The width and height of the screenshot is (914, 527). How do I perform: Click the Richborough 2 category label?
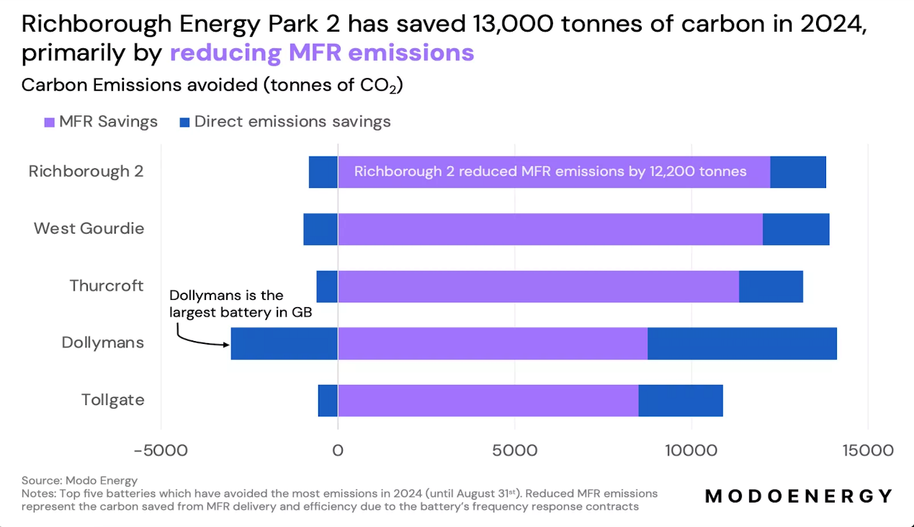coord(86,172)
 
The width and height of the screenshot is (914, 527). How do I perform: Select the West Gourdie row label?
coord(89,229)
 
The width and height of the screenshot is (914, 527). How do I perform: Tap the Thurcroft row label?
coord(107,285)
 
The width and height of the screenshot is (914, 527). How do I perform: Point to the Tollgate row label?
coord(112,399)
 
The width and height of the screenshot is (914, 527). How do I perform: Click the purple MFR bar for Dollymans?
coord(493,343)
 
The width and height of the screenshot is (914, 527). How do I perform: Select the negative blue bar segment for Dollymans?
coord(284,343)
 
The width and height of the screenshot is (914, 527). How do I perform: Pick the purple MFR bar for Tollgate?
coord(488,400)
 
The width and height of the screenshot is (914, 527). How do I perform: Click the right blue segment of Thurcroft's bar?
coord(771,286)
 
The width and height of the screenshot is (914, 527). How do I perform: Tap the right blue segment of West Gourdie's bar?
coord(796,229)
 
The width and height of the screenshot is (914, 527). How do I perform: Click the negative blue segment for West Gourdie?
coord(321,229)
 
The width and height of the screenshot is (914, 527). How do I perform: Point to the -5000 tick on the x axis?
coord(161,451)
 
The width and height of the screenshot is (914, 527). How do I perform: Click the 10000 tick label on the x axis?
coord(691,451)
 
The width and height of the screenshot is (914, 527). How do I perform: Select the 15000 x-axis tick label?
coord(867,451)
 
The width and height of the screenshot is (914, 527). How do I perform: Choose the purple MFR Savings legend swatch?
coord(49,122)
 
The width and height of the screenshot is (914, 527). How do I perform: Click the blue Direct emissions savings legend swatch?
coord(184,122)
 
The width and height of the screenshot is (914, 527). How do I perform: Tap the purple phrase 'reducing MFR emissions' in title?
coord(322,53)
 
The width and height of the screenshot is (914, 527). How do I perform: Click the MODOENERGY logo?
coord(799,496)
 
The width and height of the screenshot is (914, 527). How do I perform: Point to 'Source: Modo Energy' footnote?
coord(79,480)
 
